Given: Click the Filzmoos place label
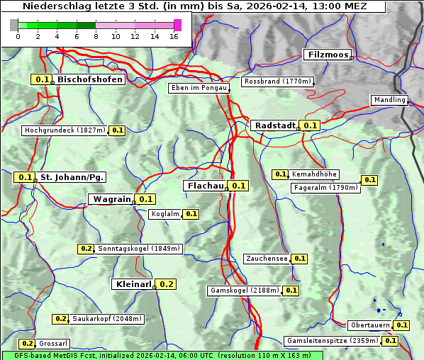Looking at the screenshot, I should [x=327, y=55].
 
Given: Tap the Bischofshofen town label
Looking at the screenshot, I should [x=90, y=79].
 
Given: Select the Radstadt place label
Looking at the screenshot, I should [x=274, y=125].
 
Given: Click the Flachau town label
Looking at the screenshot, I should [x=205, y=186].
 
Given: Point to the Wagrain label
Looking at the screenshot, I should [x=112, y=199].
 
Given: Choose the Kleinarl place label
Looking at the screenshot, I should [x=133, y=284].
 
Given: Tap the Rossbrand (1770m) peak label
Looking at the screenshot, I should [x=277, y=81].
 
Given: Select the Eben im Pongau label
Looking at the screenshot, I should [x=199, y=88].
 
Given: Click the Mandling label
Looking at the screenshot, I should [x=389, y=100].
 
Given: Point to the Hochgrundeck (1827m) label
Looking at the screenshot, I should [x=64, y=130].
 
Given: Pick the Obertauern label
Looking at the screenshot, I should [x=370, y=325].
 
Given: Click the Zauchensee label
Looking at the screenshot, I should [x=267, y=259].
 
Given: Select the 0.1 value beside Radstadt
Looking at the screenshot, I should [x=310, y=125].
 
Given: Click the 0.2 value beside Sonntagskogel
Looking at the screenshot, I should [x=86, y=249].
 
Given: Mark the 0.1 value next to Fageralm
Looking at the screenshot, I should [x=369, y=180].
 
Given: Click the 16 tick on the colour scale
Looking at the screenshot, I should [x=174, y=36].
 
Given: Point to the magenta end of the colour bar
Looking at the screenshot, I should [x=177, y=25].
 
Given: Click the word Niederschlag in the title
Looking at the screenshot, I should [x=53, y=6].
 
